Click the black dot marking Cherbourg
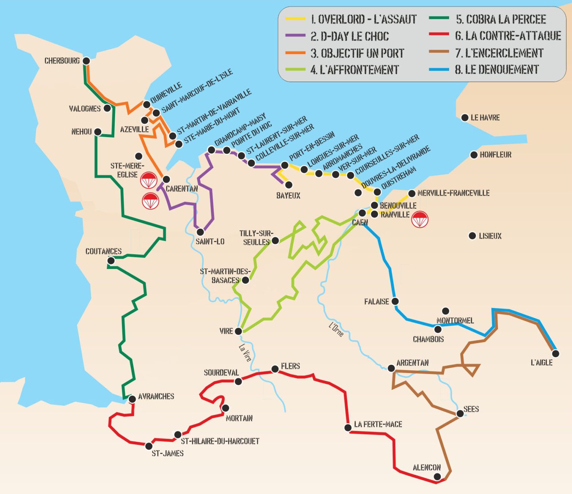click(86, 61)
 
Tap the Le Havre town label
click(485, 118)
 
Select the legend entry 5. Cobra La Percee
click(500, 19)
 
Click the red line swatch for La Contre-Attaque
click(439, 34)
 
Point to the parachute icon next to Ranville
click(420, 219)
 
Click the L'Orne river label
click(336, 329)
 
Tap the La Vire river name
click(245, 352)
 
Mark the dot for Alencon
click(438, 476)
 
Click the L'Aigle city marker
click(556, 353)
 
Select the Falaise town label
click(376, 302)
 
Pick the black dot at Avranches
click(132, 399)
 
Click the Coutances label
click(104, 251)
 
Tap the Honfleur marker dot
click(474, 155)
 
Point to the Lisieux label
click(490, 236)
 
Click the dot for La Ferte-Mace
click(348, 427)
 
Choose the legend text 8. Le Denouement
click(496, 70)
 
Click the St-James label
click(168, 453)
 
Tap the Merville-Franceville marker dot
click(411, 193)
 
